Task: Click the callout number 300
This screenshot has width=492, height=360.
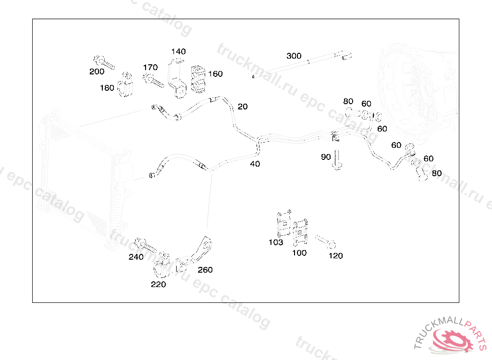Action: [x=294, y=56]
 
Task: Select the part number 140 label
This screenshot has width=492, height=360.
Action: [x=178, y=51]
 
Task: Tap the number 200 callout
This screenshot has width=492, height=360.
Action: [x=97, y=72]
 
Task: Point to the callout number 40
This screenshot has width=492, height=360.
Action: [x=255, y=164]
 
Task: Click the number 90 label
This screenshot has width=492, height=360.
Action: [x=326, y=157]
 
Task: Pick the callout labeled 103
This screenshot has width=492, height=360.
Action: [x=276, y=242]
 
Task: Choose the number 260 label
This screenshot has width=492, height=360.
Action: [x=205, y=270]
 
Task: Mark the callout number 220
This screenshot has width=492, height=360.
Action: [x=158, y=284]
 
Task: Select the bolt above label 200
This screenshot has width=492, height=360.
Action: [x=104, y=62]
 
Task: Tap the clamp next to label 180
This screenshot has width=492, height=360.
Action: [x=126, y=85]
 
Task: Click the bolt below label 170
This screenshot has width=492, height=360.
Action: [x=153, y=80]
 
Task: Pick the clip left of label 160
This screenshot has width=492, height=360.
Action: [x=198, y=79]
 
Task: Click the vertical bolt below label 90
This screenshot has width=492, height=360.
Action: [x=337, y=160]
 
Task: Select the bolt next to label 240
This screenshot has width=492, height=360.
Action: [x=147, y=246]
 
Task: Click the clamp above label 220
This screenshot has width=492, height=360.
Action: [x=161, y=266]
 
